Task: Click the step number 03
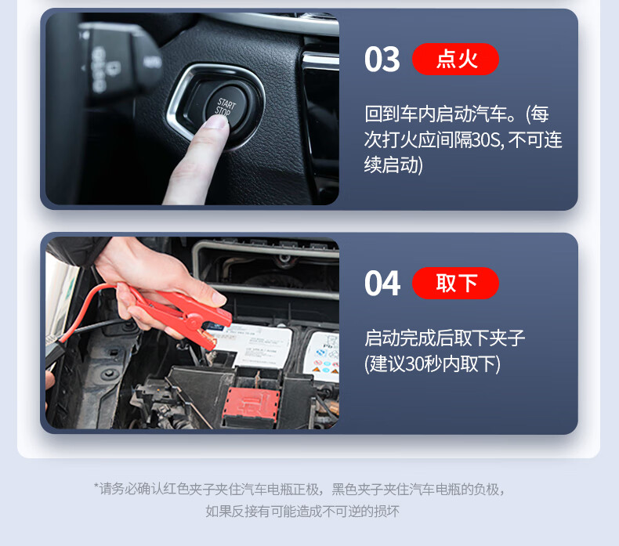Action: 382,60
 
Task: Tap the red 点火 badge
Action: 455,60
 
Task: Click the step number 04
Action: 382,283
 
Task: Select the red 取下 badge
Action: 455,283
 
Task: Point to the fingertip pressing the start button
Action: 216,121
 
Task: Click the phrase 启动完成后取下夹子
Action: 444,338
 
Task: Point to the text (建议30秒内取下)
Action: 433,363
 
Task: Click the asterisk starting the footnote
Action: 96,486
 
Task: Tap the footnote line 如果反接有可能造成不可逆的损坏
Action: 302,512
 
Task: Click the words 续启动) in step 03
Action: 393,165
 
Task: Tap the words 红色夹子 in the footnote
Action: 188,490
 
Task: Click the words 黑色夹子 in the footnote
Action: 357,490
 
